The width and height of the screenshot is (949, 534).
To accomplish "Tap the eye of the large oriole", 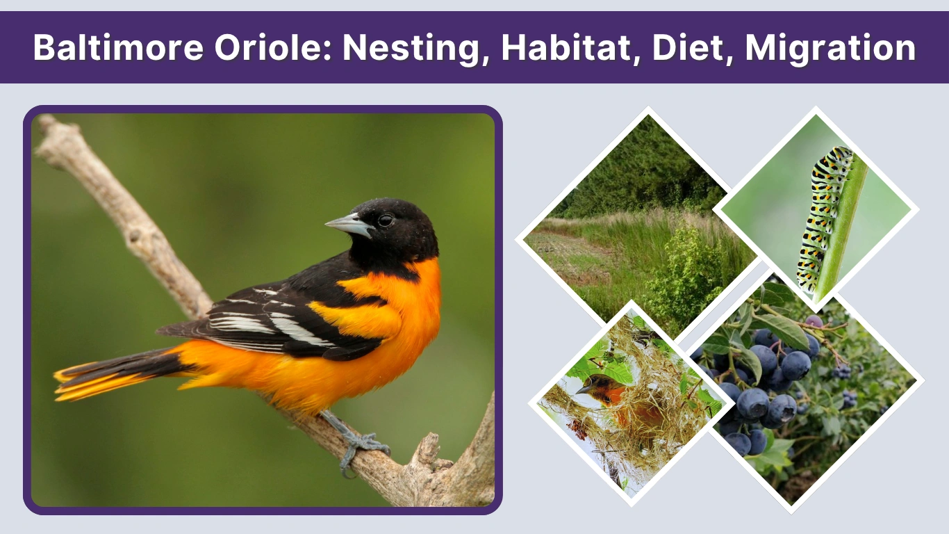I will [x=384, y=220].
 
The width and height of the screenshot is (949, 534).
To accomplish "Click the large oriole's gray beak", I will [x=348, y=225].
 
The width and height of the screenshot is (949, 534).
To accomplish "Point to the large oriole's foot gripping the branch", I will [x=361, y=445].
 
